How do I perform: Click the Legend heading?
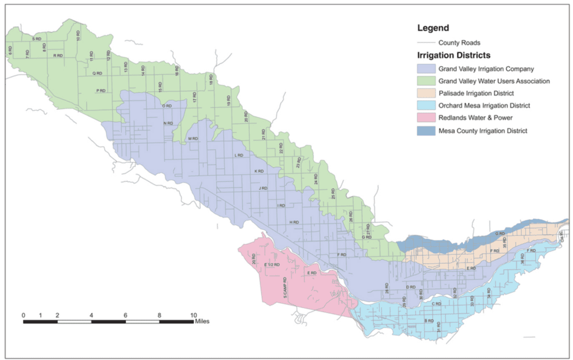(433, 28)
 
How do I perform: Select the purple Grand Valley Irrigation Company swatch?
(426, 69)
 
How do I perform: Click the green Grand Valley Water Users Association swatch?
(426, 81)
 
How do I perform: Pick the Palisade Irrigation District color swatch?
(426, 93)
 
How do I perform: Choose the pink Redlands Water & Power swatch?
(426, 118)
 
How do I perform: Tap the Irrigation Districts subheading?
(453, 56)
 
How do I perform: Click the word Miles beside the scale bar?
(202, 321)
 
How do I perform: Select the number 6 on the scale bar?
(125, 315)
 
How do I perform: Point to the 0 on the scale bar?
(23, 315)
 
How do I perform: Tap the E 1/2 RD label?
(272, 264)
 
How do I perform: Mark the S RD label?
(37, 39)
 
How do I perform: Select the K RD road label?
(259, 171)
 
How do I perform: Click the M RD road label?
(193, 139)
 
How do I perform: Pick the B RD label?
(429, 321)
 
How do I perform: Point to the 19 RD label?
(228, 101)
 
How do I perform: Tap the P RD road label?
(101, 90)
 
